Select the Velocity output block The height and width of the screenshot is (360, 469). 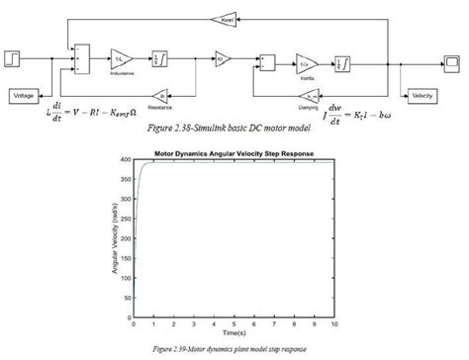(x=422, y=95)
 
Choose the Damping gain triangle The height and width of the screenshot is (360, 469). (x=312, y=95)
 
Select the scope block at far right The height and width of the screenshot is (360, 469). (x=450, y=62)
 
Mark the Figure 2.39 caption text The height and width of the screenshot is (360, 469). (x=234, y=349)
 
